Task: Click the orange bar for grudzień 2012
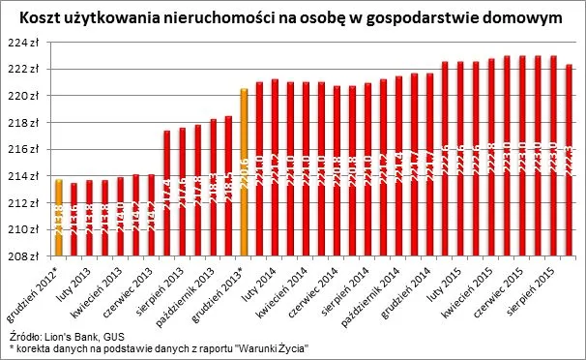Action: [59, 218]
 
